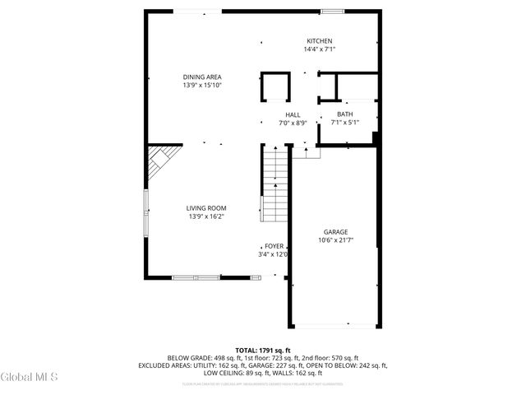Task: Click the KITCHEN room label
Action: pos(320,41)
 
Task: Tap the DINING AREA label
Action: pos(202,77)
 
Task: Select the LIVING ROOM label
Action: pos(205,208)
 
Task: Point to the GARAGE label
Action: pos(335,232)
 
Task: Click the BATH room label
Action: pos(345,114)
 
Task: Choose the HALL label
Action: pos(293,114)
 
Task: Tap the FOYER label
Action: pos(274,246)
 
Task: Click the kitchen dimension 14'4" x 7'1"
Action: pos(320,49)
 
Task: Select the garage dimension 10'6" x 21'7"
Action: pos(335,240)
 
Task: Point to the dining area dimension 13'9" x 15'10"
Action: pos(202,85)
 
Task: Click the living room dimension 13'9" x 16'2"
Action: pos(205,216)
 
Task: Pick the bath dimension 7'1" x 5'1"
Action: pos(345,123)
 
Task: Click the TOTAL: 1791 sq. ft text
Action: pos(263,350)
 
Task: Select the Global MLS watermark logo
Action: pos(30,378)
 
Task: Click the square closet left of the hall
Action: pos(276,86)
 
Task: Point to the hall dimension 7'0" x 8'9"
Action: pos(293,123)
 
